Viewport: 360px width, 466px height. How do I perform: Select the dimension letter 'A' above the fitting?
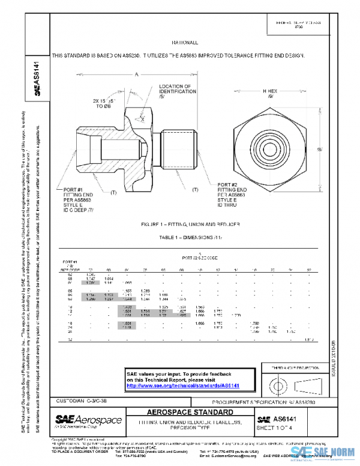point(136,74)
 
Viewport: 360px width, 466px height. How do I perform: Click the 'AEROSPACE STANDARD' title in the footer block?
point(191,413)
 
